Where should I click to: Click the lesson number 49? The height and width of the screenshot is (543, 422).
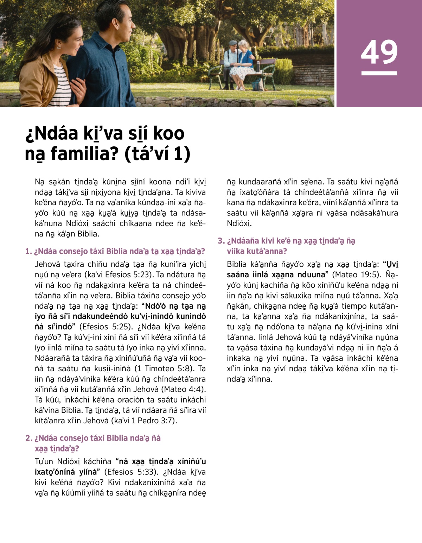click(x=379, y=52)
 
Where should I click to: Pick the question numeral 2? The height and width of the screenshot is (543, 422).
click(x=28, y=438)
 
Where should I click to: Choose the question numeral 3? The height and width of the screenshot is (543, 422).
click(x=220, y=241)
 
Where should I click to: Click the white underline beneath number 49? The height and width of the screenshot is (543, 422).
click(x=379, y=73)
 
